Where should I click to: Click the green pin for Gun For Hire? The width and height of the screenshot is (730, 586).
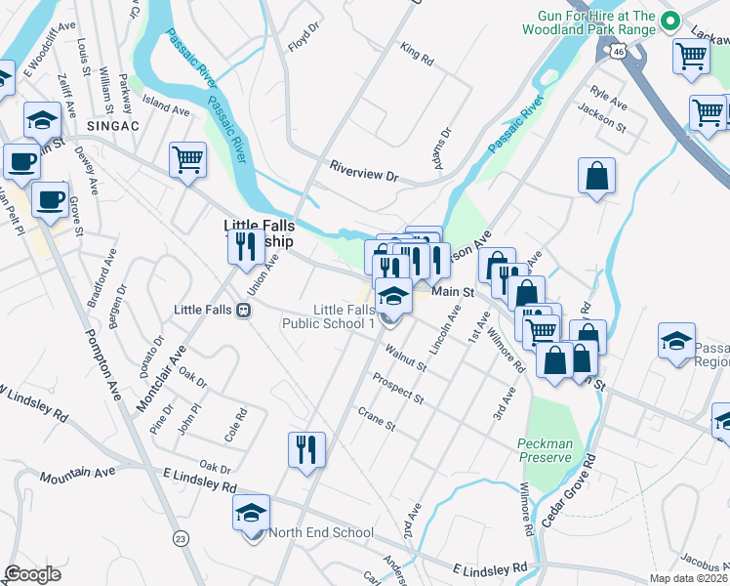click(670, 21)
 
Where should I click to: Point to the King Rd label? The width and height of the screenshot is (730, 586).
click(417, 53)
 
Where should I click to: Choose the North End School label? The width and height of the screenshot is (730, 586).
click(320, 532)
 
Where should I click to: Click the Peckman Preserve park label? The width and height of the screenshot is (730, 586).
click(544, 450)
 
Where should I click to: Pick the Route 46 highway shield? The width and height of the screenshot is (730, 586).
click(619, 51)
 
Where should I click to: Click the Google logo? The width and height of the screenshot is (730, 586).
click(33, 574)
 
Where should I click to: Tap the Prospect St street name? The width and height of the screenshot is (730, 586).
click(397, 388)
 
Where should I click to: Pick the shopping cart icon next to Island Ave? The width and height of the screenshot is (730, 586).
click(187, 160)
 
